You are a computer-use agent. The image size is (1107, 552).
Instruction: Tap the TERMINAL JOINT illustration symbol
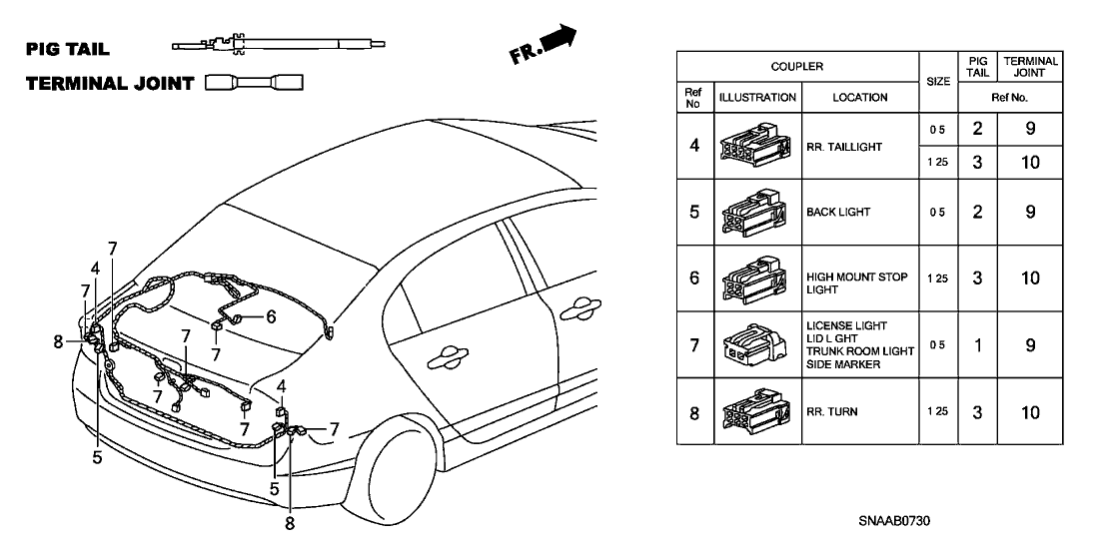coord(254,83)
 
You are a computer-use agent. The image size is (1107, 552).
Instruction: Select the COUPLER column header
coord(797,66)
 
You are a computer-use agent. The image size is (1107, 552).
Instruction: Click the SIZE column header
coord(938,81)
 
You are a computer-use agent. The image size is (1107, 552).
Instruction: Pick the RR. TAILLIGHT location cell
coord(844,146)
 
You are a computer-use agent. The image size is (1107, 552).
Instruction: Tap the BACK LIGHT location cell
coord(838,212)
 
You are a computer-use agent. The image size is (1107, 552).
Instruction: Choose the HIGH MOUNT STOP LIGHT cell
coord(856,283)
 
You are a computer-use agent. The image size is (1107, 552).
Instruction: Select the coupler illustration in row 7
coord(756,346)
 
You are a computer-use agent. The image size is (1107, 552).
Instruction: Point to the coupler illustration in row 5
coord(756,213)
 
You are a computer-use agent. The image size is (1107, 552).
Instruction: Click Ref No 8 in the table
coord(694,411)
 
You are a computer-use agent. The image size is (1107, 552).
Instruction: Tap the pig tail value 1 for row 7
coord(977,345)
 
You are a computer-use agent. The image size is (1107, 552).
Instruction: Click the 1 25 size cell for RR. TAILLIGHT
coord(938,163)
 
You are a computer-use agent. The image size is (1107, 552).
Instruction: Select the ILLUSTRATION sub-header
coord(757,98)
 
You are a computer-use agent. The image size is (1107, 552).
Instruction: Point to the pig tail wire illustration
coord(280,45)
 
